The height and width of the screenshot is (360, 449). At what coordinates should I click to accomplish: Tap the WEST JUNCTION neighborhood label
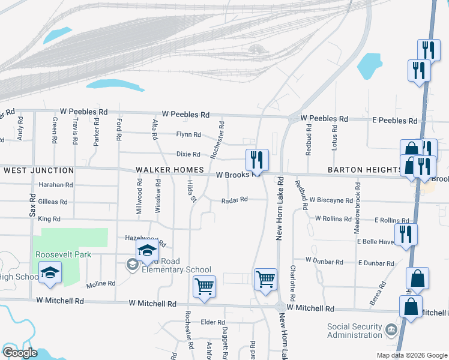pyautogui.click(x=38, y=171)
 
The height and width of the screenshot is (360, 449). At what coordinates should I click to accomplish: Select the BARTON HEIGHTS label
pyautogui.click(x=365, y=170)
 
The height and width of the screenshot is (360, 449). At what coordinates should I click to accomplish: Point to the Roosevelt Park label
pyautogui.click(x=63, y=254)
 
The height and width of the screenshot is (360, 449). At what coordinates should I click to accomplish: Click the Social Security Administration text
pyautogui.click(x=354, y=331)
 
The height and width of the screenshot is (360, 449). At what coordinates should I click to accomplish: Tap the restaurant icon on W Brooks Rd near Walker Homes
pyautogui.click(x=257, y=160)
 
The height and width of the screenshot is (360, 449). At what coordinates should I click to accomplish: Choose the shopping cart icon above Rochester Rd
pyautogui.click(x=204, y=286)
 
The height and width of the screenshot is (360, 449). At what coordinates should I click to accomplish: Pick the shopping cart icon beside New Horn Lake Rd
pyautogui.click(x=265, y=279)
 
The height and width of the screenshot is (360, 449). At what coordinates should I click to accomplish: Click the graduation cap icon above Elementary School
pyautogui.click(x=147, y=251)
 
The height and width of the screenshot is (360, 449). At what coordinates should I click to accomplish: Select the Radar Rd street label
pyautogui.click(x=235, y=200)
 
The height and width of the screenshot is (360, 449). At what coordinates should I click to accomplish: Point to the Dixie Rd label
pyautogui.click(x=188, y=154)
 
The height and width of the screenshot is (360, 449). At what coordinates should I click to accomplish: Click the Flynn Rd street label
pyautogui.click(x=188, y=134)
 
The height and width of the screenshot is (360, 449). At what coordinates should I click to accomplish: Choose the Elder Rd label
pyautogui.click(x=212, y=322)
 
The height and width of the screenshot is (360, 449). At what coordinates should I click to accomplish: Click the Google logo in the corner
pyautogui.click(x=20, y=353)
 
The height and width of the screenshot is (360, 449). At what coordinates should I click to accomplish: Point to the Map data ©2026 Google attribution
pyautogui.click(x=411, y=355)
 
